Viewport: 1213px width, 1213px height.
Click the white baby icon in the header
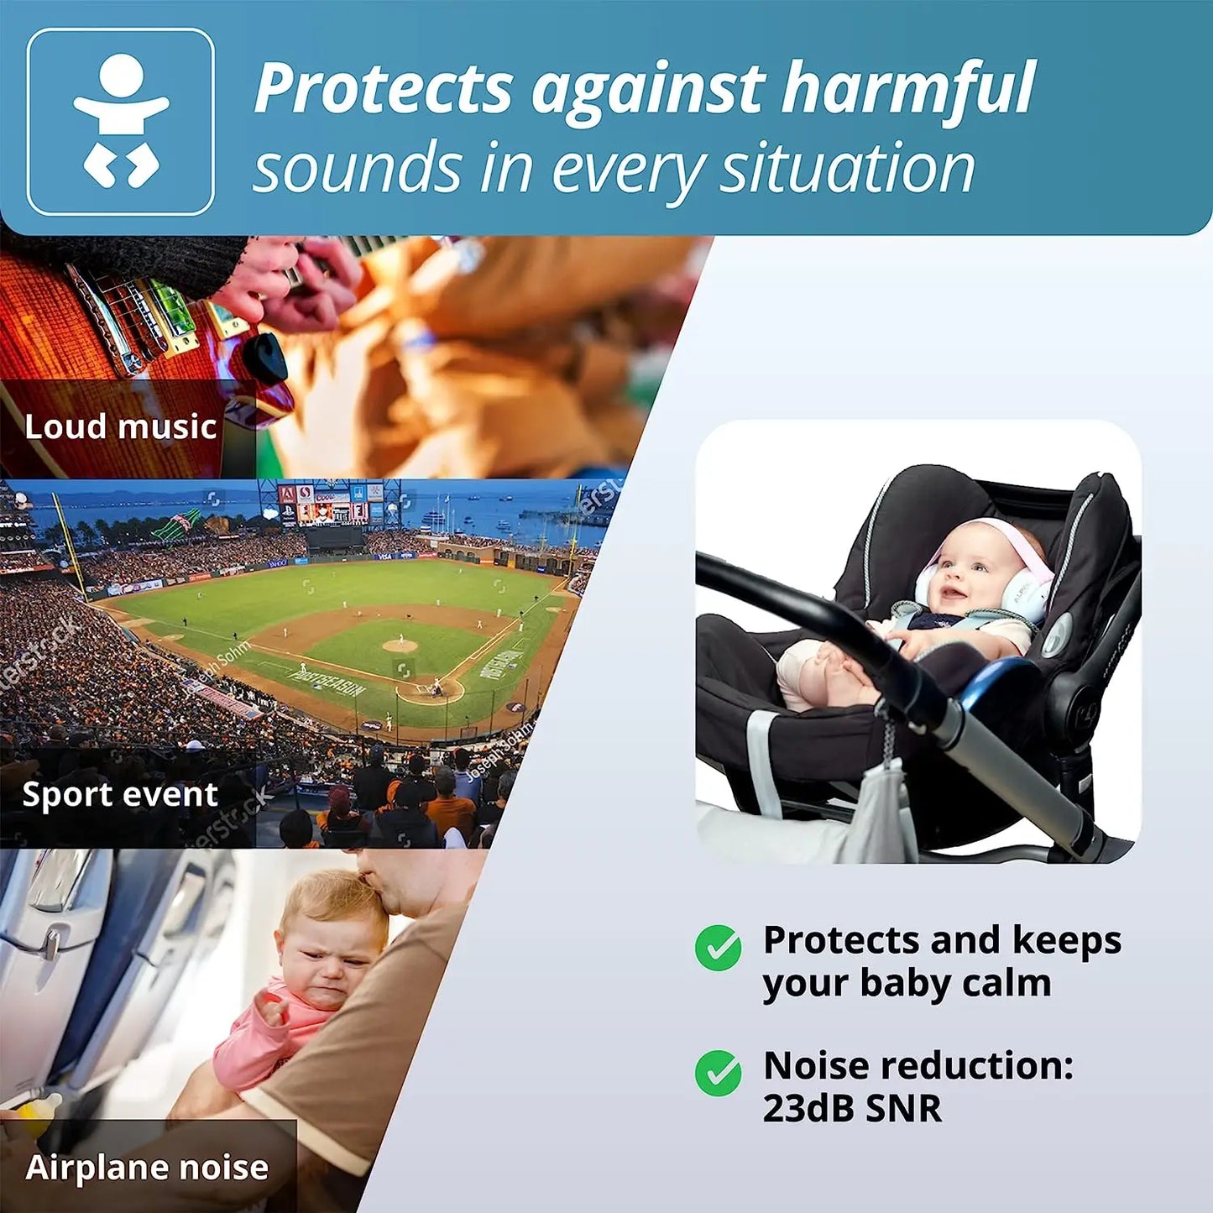(121, 122)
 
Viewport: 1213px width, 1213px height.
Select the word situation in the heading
(848, 168)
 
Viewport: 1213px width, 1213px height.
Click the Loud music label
(121, 426)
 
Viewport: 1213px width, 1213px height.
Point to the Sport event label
(120, 794)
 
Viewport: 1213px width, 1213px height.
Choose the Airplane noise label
(147, 1168)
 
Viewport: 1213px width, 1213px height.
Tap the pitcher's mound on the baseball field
(400, 646)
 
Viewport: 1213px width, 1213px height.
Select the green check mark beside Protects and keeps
(718, 948)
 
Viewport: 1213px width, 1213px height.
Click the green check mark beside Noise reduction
(718, 1073)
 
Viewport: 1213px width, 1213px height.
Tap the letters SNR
(903, 1108)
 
